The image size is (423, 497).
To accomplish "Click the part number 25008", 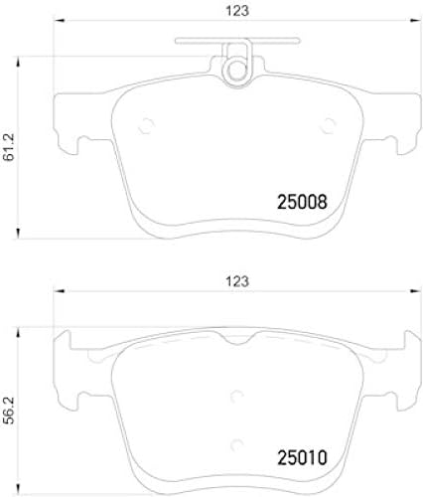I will (x=300, y=203).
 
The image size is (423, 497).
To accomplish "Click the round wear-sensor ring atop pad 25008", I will (x=235, y=69).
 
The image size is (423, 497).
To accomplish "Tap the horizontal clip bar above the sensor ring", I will (x=235, y=42).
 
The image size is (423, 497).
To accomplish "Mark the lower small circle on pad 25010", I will (x=235, y=445).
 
